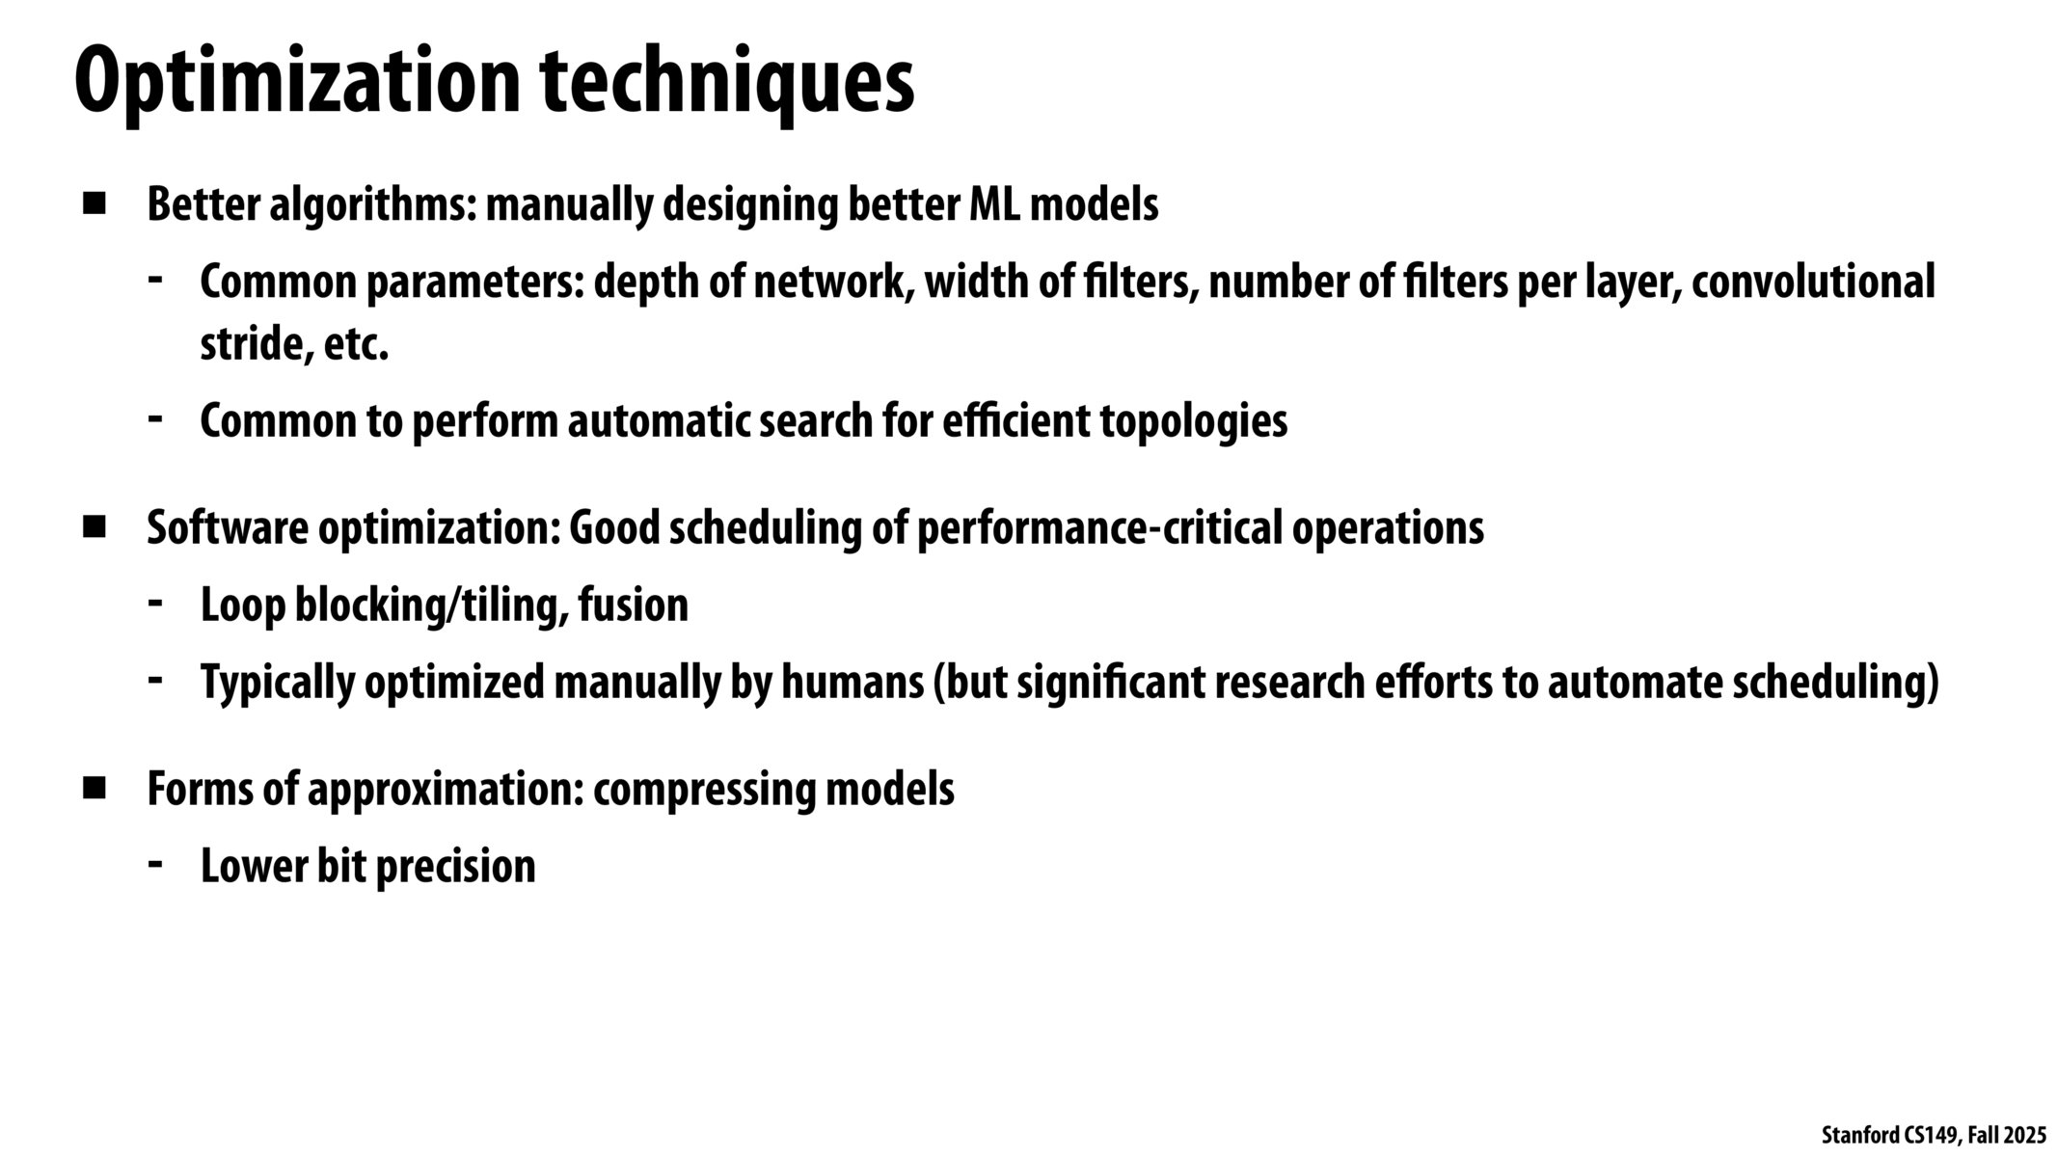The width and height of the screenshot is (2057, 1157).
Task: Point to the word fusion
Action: [634, 605]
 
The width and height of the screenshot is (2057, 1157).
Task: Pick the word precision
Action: [455, 866]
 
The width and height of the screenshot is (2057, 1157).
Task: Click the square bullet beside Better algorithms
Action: [95, 203]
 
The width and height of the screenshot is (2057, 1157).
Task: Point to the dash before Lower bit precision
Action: [154, 860]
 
